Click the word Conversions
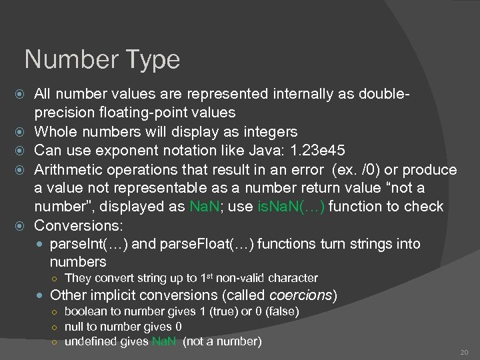(x=77, y=226)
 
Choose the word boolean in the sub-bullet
(x=84, y=311)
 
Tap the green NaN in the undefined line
(x=164, y=342)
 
